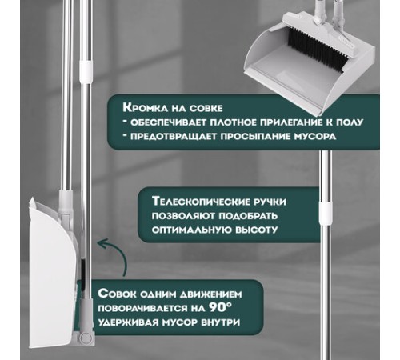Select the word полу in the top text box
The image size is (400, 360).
pos(350,122)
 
